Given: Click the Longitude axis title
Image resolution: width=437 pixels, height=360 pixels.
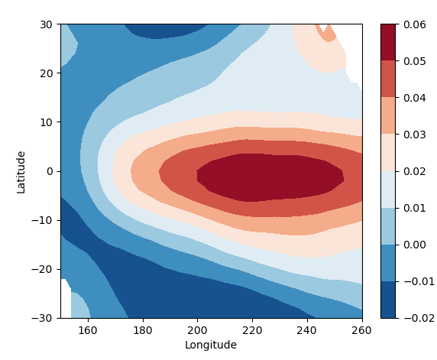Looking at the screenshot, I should pos(211,345).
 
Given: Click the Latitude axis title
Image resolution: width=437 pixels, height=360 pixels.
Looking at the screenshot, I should pos(21,171).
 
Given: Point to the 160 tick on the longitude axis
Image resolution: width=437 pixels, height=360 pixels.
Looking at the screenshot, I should pos(89,329).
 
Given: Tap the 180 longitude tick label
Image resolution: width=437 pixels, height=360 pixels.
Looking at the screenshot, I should pos(143,329).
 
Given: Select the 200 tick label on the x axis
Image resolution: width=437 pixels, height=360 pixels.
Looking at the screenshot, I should pos(197,329).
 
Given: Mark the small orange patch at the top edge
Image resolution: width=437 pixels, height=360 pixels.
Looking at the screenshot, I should pos(328,33).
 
